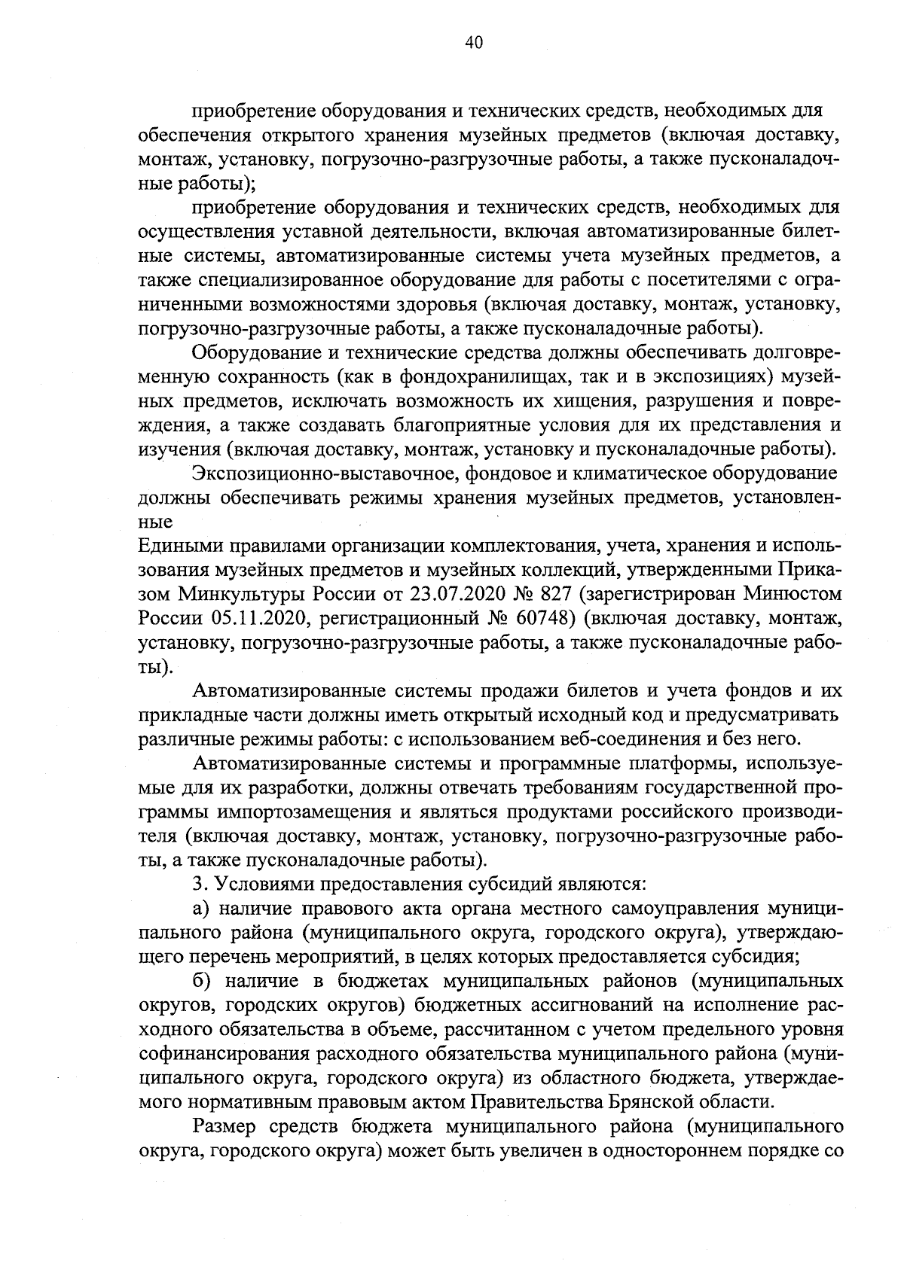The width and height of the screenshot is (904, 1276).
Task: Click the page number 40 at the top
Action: point(473,43)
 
